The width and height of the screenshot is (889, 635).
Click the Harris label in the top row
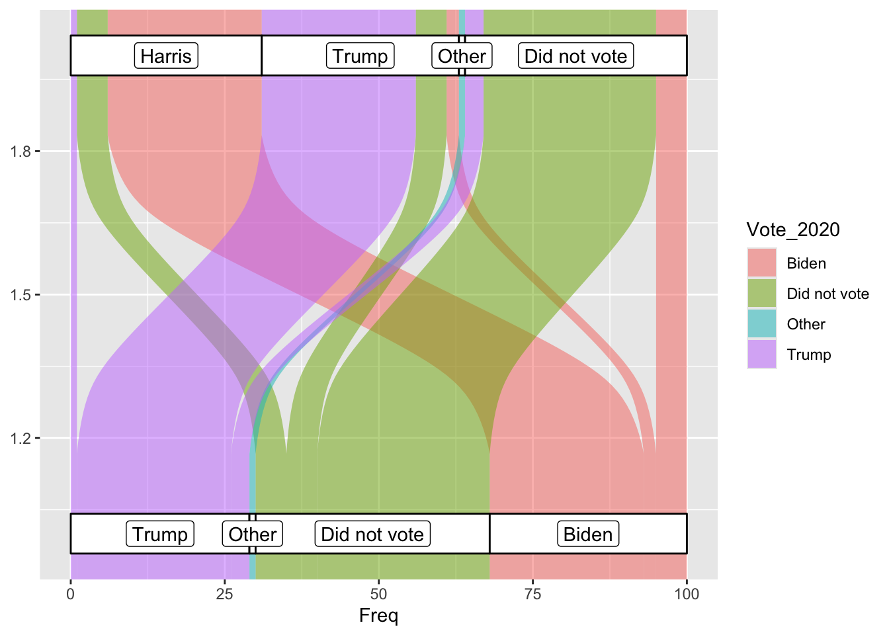coord(166,56)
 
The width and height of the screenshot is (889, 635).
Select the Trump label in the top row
coord(360,56)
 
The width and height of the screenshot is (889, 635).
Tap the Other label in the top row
coord(462,56)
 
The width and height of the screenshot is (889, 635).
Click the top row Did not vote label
coord(575,56)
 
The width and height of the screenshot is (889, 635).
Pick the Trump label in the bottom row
coord(160,534)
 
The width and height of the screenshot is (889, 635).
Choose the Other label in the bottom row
coord(253,534)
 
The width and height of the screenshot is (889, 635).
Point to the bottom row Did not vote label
coord(372,534)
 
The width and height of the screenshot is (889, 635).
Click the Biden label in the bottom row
coord(588,534)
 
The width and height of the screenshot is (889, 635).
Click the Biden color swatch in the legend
coord(761,263)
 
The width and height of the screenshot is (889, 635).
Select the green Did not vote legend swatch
coord(761,294)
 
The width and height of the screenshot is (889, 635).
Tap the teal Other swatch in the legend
coord(761,324)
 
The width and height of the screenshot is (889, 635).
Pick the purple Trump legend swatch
coord(761,355)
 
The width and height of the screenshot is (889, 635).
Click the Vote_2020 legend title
coord(793,230)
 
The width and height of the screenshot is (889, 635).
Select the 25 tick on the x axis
coord(224,594)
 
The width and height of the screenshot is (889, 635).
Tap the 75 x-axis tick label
coord(532,594)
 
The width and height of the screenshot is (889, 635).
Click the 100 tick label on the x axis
coord(687,594)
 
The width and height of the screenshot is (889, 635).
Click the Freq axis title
coord(378,616)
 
